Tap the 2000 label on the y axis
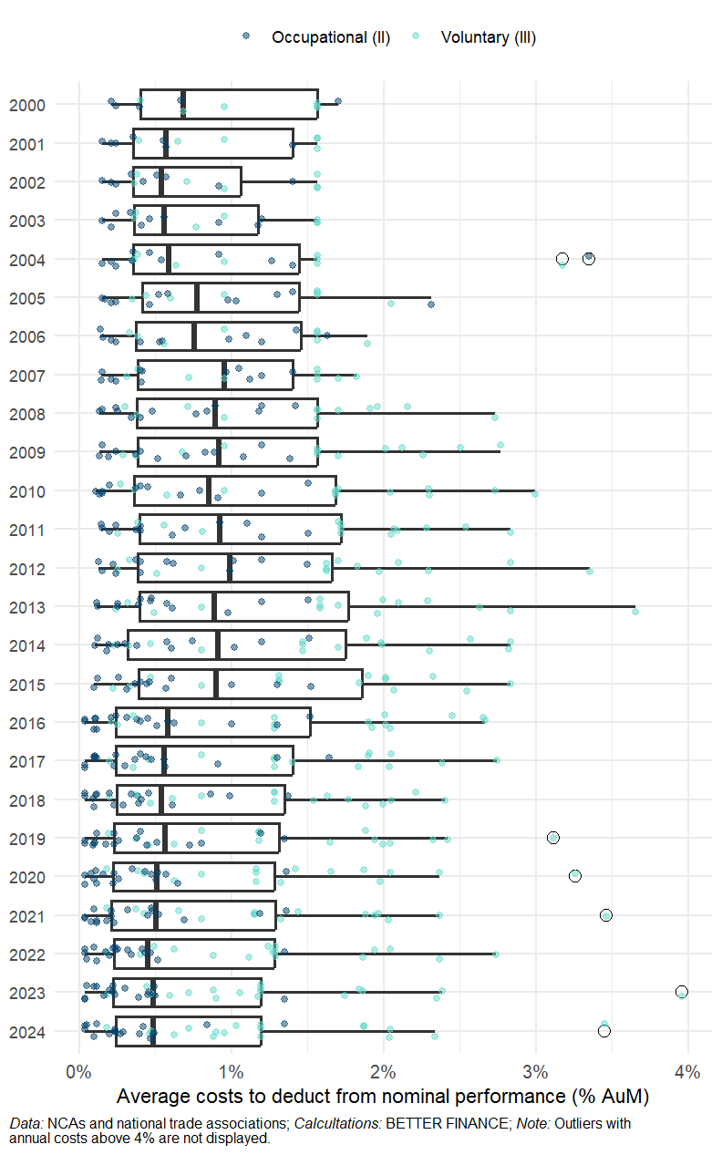click(27, 105)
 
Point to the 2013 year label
click(27, 606)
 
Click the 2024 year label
click(27, 1031)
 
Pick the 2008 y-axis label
click(27, 413)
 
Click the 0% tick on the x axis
click(79, 1072)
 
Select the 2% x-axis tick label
click(384, 1072)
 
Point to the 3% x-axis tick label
click(536, 1072)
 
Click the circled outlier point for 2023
click(681, 992)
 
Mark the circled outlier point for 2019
click(552, 838)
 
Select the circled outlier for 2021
click(605, 914)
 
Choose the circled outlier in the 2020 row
click(574, 876)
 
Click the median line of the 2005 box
click(197, 297)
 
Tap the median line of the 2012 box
click(230, 568)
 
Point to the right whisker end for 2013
click(634, 606)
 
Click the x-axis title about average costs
click(383, 1095)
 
